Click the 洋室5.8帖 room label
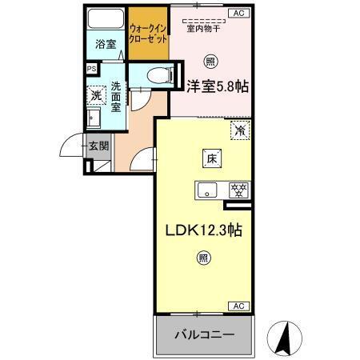(217, 85)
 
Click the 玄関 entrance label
(99, 146)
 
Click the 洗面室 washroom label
(117, 97)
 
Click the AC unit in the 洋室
(238, 13)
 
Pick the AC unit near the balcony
(238, 306)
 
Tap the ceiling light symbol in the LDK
(203, 258)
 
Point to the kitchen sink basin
(208, 190)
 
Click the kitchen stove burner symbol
(236, 190)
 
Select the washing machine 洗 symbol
(95, 96)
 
